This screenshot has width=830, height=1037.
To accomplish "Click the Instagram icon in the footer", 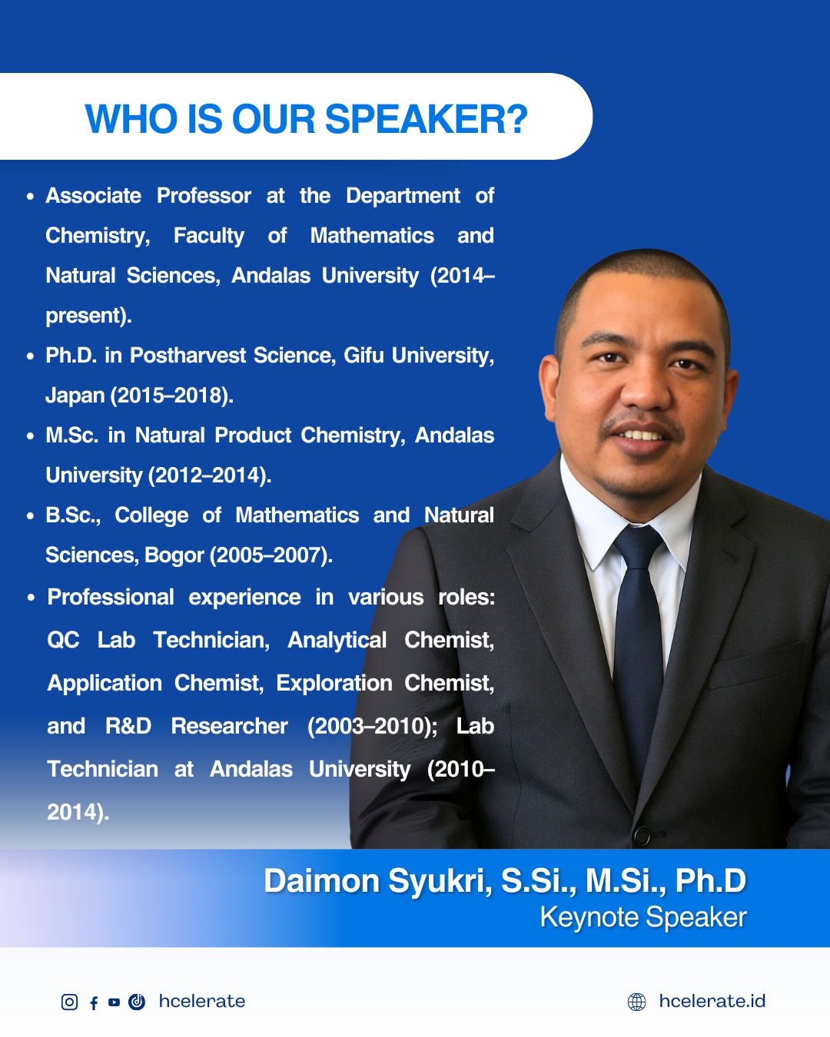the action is point(69,1002).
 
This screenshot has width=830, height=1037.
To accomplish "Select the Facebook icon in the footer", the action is point(94,1002).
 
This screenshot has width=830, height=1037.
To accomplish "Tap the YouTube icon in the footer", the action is point(114,1002).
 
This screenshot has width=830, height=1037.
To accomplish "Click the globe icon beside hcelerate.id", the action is point(636,1002).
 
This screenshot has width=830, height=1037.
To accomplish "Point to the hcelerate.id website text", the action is point(712,1002).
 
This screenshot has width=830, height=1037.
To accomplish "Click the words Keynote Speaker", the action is point(643,916).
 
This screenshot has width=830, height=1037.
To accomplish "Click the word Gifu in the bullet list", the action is point(363,355).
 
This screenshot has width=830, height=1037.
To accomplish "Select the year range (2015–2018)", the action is point(172,396).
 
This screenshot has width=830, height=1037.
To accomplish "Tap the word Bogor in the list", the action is point(174,555).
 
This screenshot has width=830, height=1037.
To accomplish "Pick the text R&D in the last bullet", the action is point(128,726).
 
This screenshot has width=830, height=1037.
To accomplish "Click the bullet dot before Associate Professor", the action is point(31,197).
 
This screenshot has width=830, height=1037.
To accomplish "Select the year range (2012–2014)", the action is point(210,475).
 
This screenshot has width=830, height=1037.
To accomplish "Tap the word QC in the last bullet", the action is point(63,640).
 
